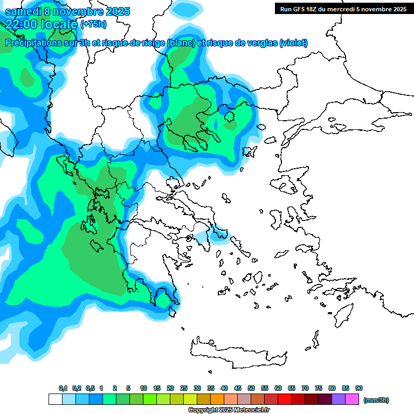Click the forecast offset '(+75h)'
93,24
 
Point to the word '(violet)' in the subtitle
293,43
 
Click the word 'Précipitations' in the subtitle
33,43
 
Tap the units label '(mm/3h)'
376,400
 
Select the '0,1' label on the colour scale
63,389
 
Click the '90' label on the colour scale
359,389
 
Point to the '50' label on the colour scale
251,389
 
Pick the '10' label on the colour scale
143,389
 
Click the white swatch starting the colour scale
55,399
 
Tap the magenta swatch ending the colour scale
352,399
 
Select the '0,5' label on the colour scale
89,389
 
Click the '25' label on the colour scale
184,389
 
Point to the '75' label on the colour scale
319,389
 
